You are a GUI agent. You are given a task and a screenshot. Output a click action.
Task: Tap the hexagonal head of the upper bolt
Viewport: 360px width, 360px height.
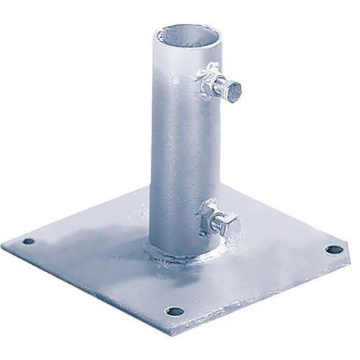click(232, 89)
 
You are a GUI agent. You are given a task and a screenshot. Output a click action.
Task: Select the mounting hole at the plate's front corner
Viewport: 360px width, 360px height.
click(172, 312)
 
